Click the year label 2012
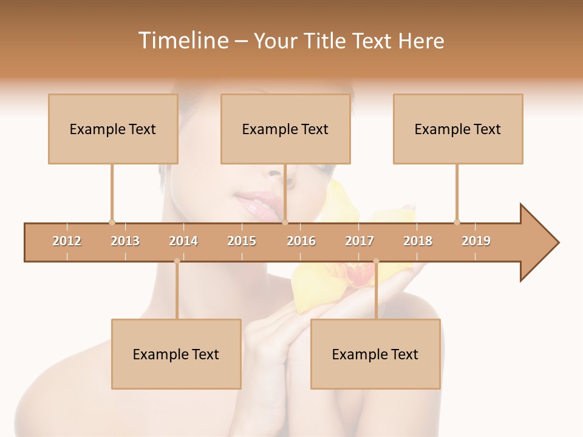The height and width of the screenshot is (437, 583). [x=67, y=241]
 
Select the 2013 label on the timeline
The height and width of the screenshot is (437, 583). [x=125, y=241]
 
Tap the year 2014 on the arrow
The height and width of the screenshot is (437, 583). [x=183, y=241]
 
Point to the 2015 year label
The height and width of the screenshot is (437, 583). [x=242, y=241]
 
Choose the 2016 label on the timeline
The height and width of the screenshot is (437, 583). [x=301, y=241]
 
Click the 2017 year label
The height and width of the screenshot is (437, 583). [x=360, y=241]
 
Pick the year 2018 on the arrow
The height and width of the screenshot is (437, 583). [x=418, y=241]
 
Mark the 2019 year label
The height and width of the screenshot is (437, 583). [x=476, y=241]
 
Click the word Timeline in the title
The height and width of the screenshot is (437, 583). [x=182, y=41]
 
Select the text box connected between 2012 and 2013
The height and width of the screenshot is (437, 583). [x=113, y=129]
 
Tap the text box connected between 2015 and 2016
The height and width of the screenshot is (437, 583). [x=285, y=129]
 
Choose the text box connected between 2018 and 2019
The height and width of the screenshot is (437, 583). [x=458, y=129]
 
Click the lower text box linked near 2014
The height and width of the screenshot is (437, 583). [x=176, y=354]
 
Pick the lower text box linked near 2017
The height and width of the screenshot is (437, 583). [x=375, y=354]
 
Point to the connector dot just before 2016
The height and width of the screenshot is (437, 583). [x=285, y=222]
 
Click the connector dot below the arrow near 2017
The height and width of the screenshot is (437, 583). [x=376, y=261]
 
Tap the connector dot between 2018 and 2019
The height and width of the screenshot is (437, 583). [x=457, y=222]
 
